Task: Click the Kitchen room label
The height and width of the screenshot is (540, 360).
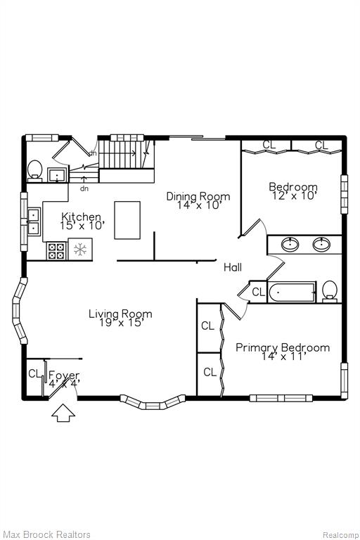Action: click(82, 217)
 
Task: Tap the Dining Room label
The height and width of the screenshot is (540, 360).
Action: click(198, 196)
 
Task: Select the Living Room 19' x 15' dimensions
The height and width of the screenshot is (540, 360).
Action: click(120, 323)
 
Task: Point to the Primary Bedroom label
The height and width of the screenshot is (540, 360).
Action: click(283, 347)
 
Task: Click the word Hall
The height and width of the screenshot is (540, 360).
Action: click(233, 267)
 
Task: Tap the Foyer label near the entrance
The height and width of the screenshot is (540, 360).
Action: click(64, 375)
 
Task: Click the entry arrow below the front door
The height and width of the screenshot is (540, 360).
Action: click(63, 413)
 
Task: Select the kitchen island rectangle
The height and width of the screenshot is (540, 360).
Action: click(127, 220)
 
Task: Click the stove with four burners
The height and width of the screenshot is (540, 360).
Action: click(57, 251)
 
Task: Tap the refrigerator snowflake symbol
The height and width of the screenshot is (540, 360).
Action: click(80, 249)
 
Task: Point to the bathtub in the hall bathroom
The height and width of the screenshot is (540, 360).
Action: click(292, 292)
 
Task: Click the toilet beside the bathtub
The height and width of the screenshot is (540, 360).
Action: click(330, 291)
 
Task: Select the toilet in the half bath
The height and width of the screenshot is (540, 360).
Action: click(34, 170)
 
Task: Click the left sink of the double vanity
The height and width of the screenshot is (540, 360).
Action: click(290, 244)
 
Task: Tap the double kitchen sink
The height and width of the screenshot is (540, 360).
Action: click(34, 221)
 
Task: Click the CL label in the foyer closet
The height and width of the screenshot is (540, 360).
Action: click(34, 373)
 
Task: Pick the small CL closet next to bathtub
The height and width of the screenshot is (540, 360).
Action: click(258, 292)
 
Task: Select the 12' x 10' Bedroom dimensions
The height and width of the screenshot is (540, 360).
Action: click(293, 195)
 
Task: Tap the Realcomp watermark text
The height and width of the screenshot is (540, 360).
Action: click(340, 535)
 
